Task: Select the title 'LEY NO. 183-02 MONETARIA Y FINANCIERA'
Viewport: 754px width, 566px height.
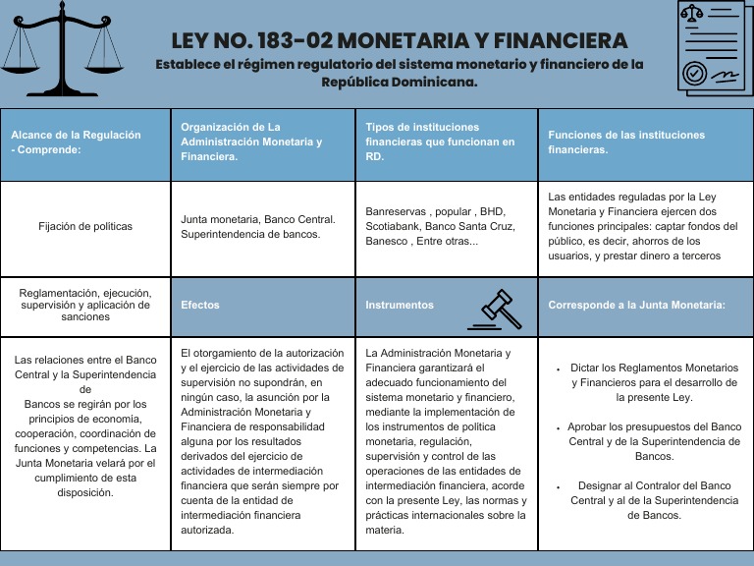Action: (399, 41)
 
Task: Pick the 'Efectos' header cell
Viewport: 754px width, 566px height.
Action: (200, 305)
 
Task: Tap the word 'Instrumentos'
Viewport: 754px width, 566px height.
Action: (400, 305)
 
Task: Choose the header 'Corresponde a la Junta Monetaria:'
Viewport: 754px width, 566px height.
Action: (636, 305)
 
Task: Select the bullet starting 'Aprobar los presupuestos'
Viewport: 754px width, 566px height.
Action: (653, 441)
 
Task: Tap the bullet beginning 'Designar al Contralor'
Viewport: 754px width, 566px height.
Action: (654, 500)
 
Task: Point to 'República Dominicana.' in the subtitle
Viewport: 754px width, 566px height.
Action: (399, 83)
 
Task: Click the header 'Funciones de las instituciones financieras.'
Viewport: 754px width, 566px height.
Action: (626, 142)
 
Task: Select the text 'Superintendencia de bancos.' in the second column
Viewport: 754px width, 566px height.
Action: (248, 233)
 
